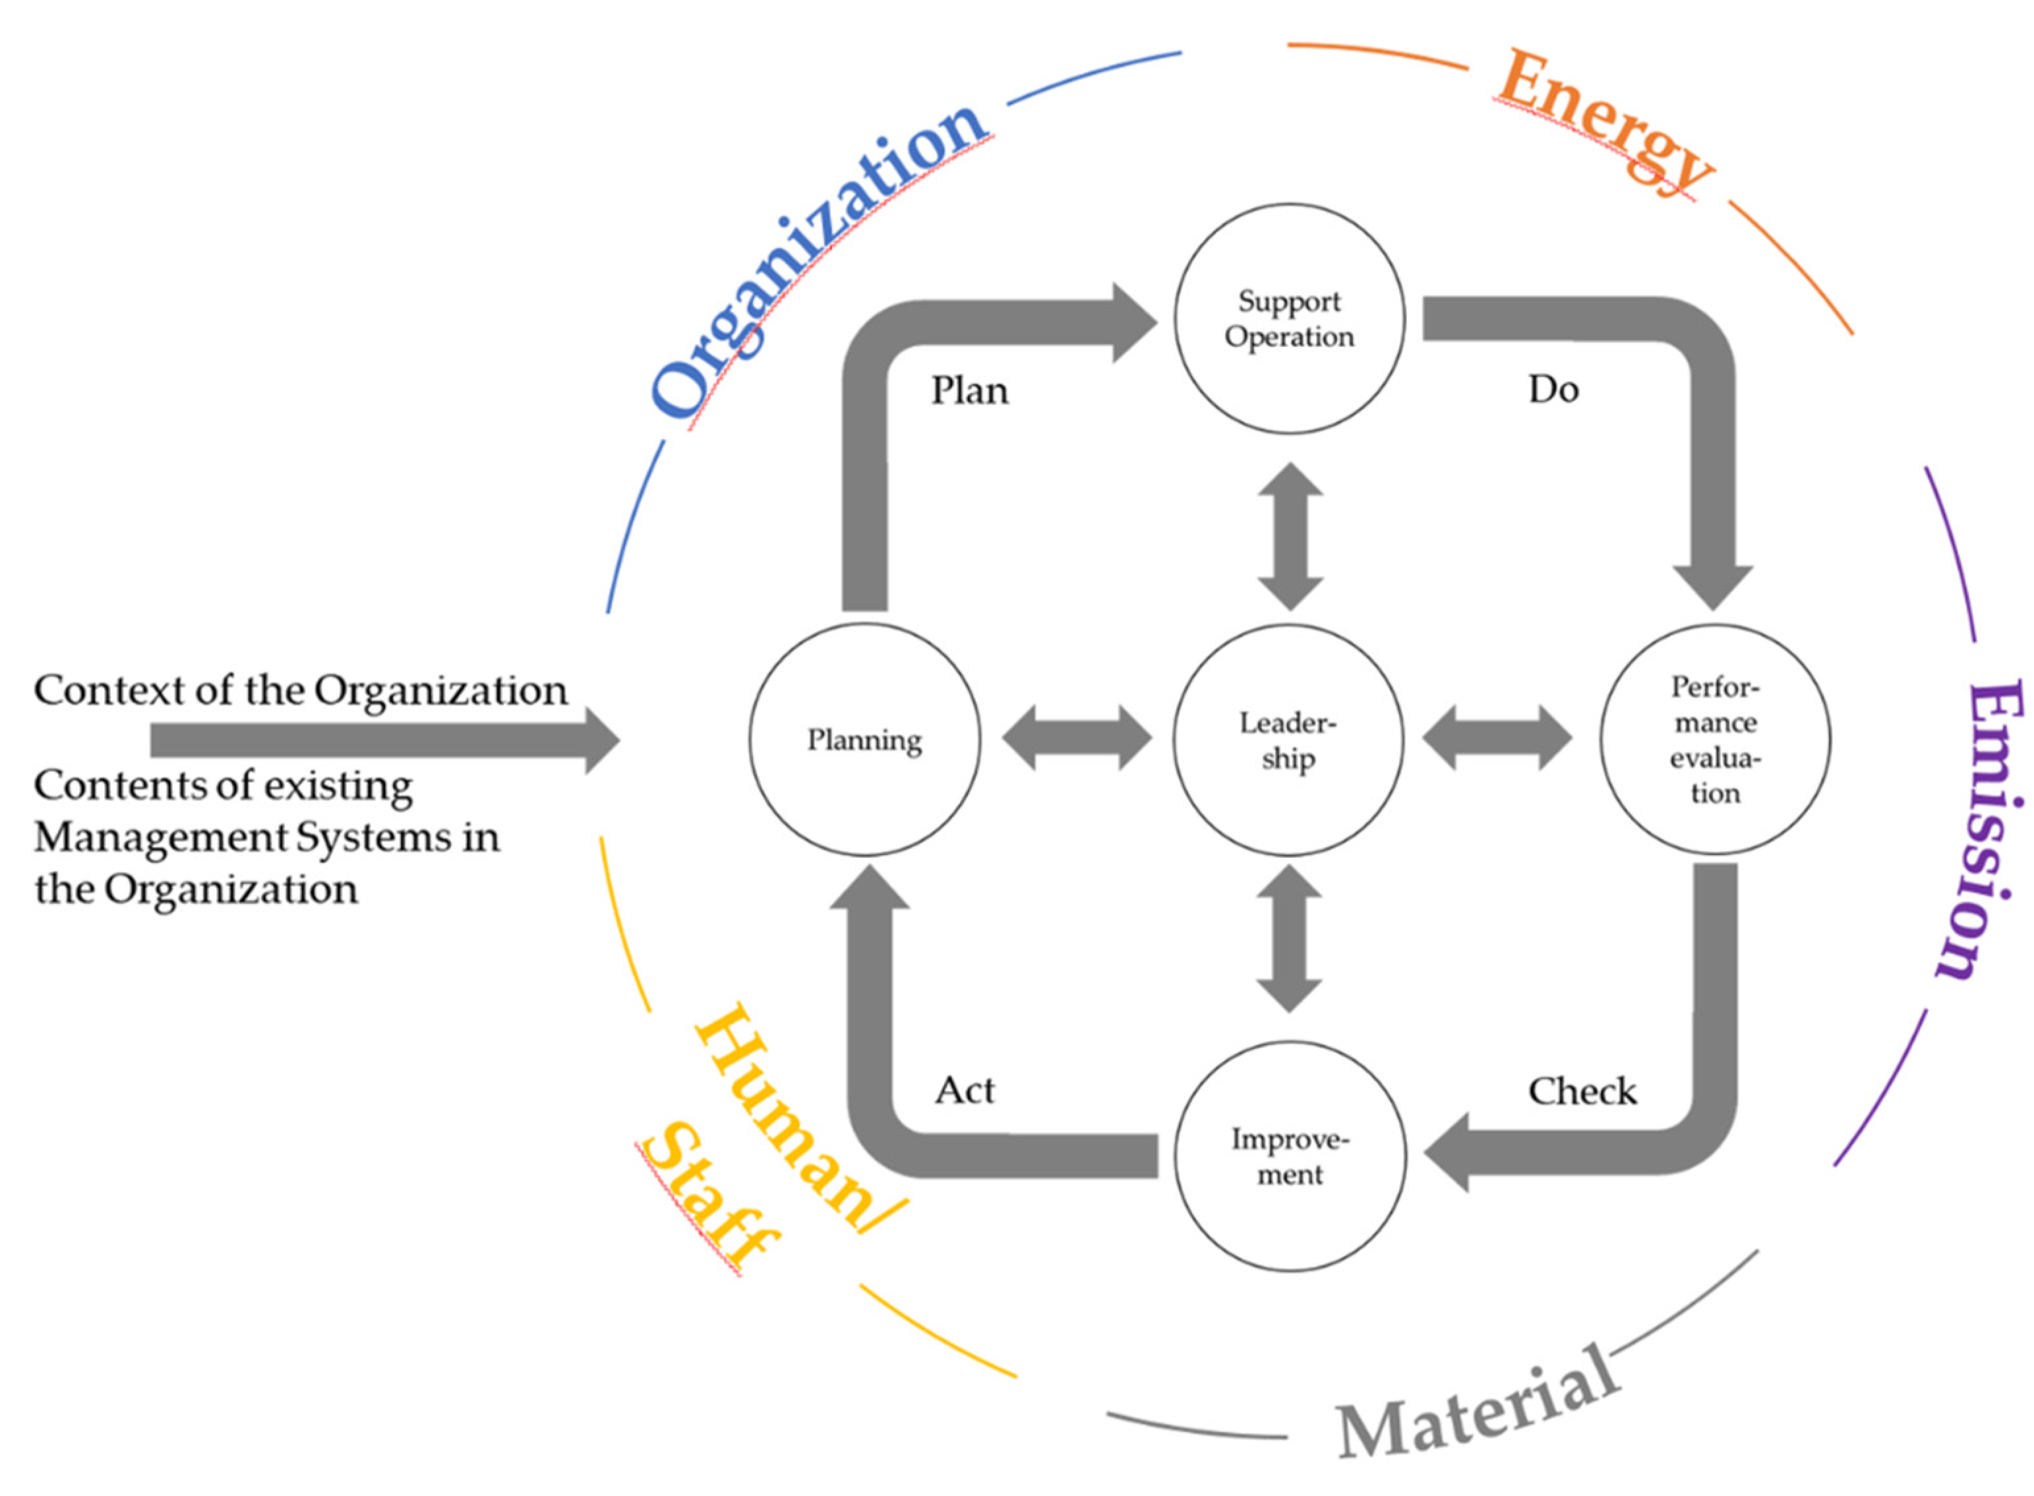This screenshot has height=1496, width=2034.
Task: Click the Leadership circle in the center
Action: (1288, 740)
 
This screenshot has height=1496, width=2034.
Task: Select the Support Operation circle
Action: (1289, 318)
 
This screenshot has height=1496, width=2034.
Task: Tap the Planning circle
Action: (864, 740)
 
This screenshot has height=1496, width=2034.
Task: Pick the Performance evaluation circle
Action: (1714, 740)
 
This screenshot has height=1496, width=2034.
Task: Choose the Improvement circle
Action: (1290, 1156)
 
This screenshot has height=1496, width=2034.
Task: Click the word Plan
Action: (969, 391)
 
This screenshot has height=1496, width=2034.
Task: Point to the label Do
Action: (1553, 390)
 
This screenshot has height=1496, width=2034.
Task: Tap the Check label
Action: (1582, 1091)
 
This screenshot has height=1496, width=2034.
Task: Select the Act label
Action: (965, 1091)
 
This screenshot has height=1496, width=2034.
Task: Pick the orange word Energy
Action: (1603, 122)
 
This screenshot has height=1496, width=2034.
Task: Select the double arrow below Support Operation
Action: (1290, 536)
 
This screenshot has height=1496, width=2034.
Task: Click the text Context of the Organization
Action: (301, 691)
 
